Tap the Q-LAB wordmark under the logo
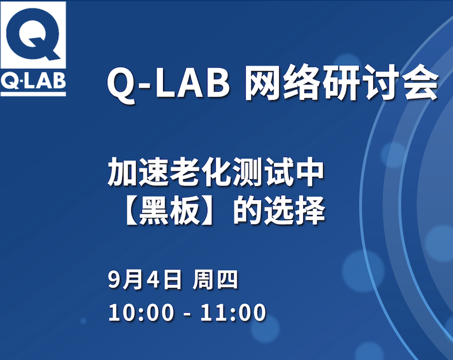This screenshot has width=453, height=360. point(33,80)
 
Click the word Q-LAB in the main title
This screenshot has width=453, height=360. point(169,84)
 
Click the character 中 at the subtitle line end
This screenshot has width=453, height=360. point(310,172)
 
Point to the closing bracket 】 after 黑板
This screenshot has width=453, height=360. point(208,210)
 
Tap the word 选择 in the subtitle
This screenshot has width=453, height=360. point(295,210)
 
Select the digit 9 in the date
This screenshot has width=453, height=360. point(114,280)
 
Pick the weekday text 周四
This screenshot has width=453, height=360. point(215,280)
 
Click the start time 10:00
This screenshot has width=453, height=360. point(141,312)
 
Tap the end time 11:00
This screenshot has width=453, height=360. point(233,312)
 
